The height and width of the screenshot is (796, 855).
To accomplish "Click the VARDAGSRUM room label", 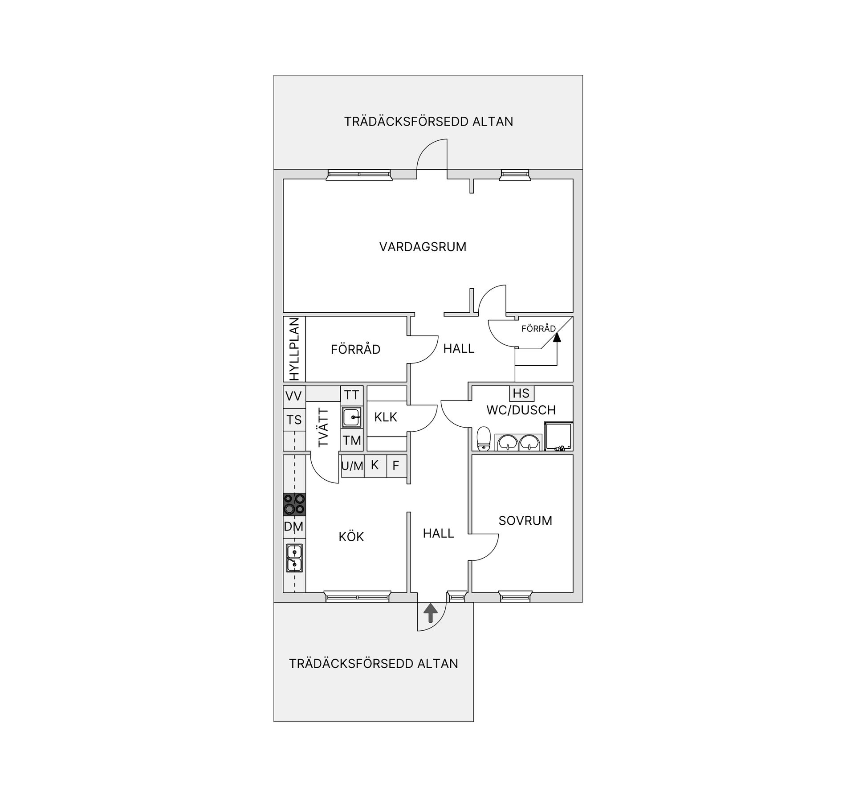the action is tap(423, 247).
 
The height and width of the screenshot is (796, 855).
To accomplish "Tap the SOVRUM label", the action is tap(525, 520).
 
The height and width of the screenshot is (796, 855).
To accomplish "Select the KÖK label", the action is tap(351, 536).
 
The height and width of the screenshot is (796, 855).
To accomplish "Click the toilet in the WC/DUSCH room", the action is tap(483, 439).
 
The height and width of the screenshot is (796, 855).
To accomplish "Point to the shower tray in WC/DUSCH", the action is tap(558, 437).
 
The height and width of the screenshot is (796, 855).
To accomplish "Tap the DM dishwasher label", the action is tap(293, 527).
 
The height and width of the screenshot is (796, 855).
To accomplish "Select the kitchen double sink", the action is tap(294, 558).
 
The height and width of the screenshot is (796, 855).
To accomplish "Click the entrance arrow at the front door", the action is tap(430, 613).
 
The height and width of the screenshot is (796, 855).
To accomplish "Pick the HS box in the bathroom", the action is tap(521, 393).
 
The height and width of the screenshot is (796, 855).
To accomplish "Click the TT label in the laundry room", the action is tap(352, 395).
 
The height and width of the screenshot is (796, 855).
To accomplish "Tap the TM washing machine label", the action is tap(352, 441).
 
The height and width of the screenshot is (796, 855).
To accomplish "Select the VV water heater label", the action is tap(293, 396).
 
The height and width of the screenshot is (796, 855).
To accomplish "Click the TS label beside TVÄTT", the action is tap(294, 420).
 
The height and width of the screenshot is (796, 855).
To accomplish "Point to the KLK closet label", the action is tap(386, 417).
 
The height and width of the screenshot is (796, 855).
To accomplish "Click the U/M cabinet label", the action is tap(352, 466).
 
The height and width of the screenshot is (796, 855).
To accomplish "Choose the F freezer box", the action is tap(396, 466).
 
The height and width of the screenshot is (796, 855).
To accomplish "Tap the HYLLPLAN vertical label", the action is tap(294, 349).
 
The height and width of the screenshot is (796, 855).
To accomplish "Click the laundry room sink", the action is tap(352, 417).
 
